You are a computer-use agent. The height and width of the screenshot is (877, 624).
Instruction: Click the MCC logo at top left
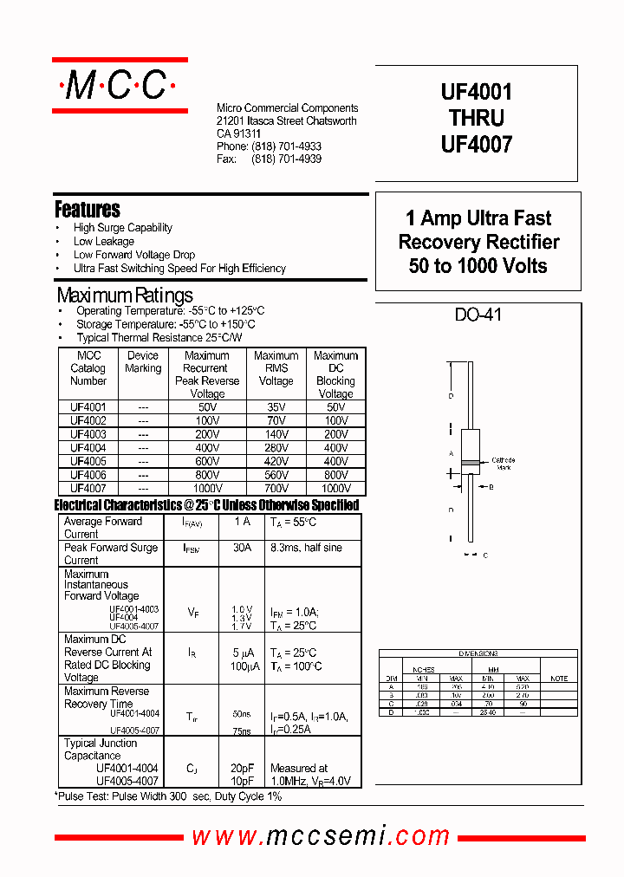pos(120,85)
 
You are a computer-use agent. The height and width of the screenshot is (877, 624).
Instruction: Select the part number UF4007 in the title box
pos(477,144)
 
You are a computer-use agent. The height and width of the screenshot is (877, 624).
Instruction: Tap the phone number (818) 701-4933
pos(286,147)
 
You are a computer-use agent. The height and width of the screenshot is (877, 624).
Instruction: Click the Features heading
pos(87,210)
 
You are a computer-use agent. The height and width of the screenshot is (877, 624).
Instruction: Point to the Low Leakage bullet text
pos(104,241)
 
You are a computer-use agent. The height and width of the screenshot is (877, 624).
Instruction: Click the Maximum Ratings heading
pos(125,295)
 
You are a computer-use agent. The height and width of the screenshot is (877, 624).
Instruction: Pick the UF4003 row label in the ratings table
pos(88,434)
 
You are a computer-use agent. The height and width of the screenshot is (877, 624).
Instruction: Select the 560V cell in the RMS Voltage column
pos(276,475)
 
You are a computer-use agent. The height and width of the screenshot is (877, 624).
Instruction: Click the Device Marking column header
pos(143,362)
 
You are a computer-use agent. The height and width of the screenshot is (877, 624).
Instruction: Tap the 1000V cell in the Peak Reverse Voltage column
pos(206,489)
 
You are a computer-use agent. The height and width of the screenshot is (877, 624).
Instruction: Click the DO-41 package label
pos(478,315)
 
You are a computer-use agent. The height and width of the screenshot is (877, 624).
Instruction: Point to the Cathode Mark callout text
pos(503,464)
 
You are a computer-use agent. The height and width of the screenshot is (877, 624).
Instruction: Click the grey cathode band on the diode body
pos(469,463)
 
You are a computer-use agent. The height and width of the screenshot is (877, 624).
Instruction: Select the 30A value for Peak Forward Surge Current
pos(243,548)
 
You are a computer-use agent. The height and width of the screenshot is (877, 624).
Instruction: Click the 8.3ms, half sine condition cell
pos(306,548)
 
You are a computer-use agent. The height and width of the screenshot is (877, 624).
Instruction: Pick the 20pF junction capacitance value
pos(243,768)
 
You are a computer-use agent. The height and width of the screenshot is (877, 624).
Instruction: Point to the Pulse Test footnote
pos(168,796)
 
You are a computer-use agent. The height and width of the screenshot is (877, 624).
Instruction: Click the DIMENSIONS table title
pos(478,653)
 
